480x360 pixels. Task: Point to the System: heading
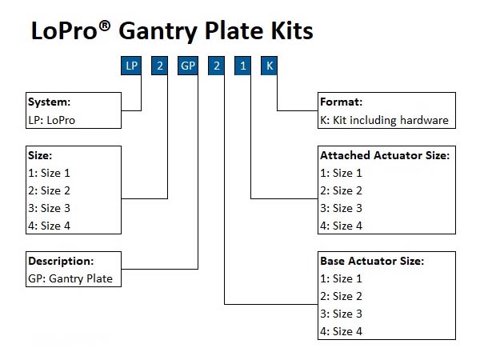(x=50, y=102)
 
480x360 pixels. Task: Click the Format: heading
(x=342, y=102)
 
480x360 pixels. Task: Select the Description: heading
(x=61, y=261)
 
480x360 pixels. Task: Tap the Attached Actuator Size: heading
(x=384, y=155)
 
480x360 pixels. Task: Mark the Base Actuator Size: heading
(x=371, y=261)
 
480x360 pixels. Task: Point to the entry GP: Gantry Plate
(x=70, y=278)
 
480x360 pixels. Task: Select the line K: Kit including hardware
(x=384, y=120)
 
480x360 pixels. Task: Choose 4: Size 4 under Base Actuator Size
(x=341, y=331)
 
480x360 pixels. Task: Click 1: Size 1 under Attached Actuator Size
(x=341, y=173)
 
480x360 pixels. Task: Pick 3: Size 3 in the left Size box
(x=50, y=208)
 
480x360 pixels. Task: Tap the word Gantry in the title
(x=157, y=30)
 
